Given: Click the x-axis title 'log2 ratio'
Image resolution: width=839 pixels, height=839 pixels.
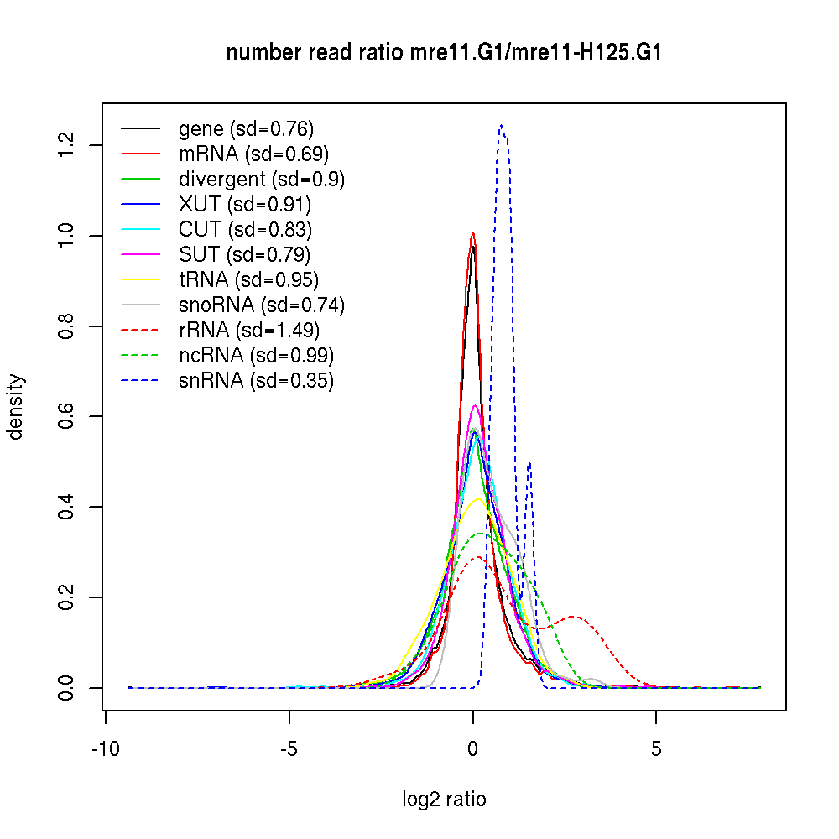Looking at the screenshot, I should pos(444,799).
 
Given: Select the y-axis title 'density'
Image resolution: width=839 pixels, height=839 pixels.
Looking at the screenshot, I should pos(16,407).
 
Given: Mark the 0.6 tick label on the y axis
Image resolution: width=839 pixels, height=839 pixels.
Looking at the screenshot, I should pos(68,416).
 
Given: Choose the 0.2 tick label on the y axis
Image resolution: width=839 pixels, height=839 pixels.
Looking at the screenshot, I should pos(68,597).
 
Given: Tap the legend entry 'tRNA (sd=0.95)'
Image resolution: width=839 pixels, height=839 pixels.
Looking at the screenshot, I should pos(248,279).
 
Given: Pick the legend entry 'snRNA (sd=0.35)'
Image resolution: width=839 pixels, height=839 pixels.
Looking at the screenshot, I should pos(256,380).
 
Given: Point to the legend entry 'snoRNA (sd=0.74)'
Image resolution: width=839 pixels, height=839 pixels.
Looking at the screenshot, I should pos(261,305).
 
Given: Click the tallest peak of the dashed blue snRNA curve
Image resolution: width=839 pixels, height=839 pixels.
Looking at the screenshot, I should pos(501,126).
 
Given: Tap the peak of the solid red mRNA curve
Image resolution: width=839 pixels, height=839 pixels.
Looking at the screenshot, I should pos(473,233).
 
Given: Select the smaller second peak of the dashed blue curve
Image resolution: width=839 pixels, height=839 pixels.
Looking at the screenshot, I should pos(529,464).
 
